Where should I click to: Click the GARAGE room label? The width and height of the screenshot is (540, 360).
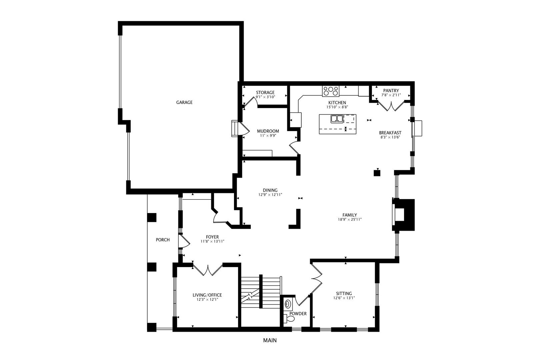click(x=184, y=102)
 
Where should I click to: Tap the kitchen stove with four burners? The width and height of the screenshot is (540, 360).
click(x=330, y=90)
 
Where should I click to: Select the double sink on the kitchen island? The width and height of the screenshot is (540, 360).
click(x=337, y=119)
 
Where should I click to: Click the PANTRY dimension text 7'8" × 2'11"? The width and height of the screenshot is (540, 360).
click(x=391, y=95)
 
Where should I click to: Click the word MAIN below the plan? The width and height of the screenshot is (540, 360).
click(x=270, y=340)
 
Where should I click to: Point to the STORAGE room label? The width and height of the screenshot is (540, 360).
click(x=265, y=92)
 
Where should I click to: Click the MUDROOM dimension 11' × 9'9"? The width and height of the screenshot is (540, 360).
click(x=268, y=136)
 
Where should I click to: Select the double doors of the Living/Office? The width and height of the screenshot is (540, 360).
click(x=208, y=270)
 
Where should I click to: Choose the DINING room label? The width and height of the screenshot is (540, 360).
click(x=270, y=190)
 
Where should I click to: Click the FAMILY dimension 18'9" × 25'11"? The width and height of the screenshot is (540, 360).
click(x=350, y=219)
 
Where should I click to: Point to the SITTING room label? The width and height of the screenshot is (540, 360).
click(x=344, y=293)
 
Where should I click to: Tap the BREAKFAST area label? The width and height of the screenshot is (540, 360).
click(x=390, y=133)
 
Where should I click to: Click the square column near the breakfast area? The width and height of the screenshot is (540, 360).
click(x=377, y=173)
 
